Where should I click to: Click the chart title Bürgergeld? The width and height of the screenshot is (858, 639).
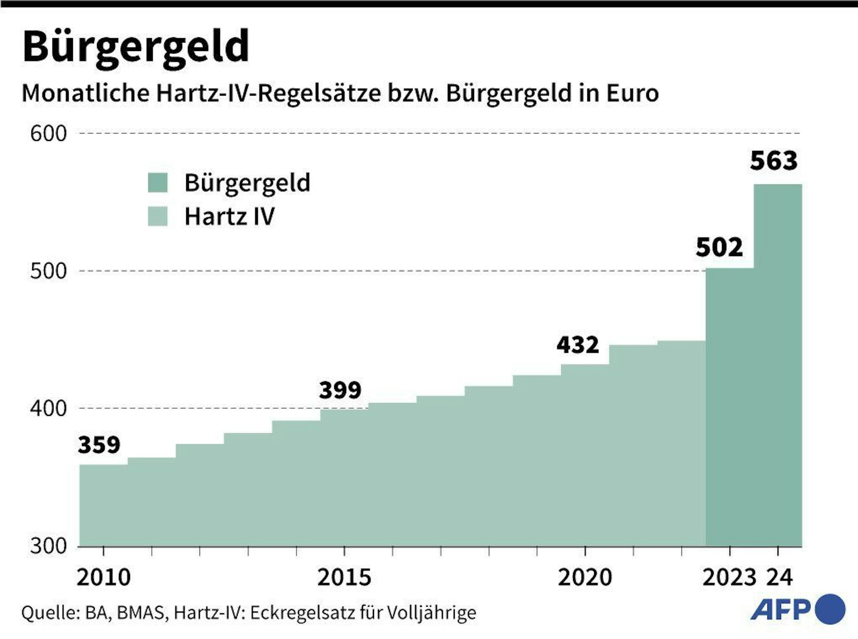[136, 47]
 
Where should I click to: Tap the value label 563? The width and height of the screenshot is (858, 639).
[773, 161]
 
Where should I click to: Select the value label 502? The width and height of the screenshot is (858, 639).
[719, 247]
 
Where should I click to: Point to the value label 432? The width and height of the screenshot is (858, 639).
[577, 345]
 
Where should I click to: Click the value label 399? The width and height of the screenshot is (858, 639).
[340, 390]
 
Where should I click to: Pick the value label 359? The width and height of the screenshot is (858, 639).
[99, 445]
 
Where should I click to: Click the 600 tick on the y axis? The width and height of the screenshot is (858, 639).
[48, 134]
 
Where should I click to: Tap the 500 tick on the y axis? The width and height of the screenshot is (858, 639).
[48, 271]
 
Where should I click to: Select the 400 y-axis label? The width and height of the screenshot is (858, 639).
[48, 409]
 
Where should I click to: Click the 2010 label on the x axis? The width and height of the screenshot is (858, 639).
[103, 577]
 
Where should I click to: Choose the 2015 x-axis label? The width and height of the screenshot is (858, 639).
[344, 577]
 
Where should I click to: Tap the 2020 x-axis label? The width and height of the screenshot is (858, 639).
[585, 577]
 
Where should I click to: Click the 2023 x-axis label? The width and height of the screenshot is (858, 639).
[729, 577]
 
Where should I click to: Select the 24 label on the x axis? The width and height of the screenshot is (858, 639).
[779, 577]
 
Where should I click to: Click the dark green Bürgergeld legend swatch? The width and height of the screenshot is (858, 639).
[157, 183]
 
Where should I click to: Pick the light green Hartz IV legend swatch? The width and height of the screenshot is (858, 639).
[157, 216]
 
